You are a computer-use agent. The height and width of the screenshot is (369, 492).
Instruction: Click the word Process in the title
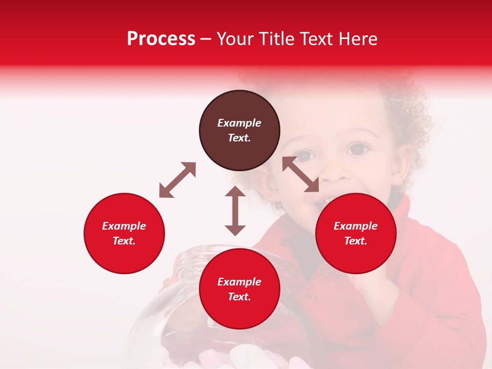click(161, 39)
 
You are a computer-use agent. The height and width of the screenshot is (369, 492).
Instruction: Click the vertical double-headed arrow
click(235, 211)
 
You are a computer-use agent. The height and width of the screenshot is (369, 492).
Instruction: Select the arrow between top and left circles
click(177, 180)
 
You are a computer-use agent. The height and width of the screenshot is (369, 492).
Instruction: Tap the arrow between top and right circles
click(301, 174)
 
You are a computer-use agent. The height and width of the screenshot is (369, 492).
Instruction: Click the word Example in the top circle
click(239, 123)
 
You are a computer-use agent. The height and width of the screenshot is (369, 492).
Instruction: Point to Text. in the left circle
click(124, 241)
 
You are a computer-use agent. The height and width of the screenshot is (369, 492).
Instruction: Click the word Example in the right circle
click(356, 226)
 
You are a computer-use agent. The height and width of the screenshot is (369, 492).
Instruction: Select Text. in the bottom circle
click(239, 297)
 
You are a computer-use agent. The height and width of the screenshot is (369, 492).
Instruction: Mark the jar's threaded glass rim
click(200, 254)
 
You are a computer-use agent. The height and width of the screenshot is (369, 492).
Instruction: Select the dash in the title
click(206, 39)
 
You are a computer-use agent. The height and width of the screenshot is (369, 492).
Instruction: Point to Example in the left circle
click(124, 226)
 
